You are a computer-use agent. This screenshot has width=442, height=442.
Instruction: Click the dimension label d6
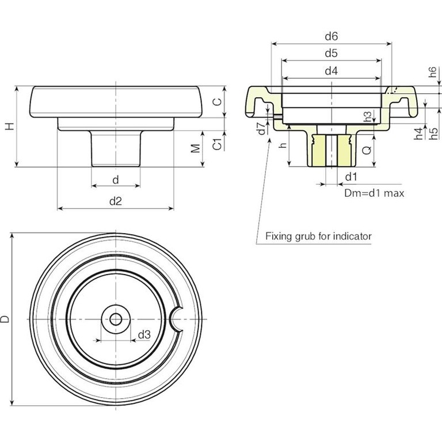pos(330,36)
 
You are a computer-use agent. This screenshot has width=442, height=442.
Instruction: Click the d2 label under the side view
pos(116,200)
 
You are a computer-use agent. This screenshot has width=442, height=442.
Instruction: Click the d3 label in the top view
pos(144,334)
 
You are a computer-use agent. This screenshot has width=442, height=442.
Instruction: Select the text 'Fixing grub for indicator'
pos(318,236)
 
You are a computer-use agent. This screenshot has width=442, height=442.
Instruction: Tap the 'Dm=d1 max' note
pos(374,193)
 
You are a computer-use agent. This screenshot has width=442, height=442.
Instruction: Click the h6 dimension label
pos(432,73)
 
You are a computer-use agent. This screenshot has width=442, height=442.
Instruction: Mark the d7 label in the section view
pos(261,128)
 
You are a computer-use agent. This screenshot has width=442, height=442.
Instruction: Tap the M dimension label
pos(196,148)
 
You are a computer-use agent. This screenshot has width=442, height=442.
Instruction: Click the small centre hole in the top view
pos(116,319)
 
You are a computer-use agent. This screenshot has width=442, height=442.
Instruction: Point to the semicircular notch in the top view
pos(178,319)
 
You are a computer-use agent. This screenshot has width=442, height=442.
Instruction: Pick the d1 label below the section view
pos(351,176)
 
